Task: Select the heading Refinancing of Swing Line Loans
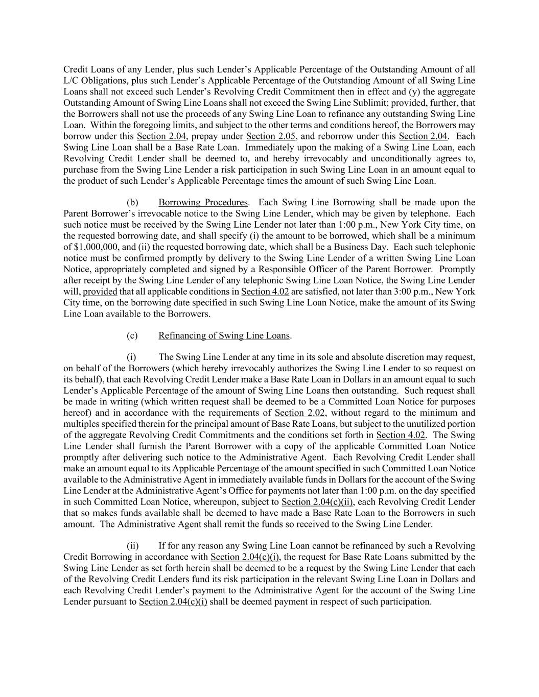[x=224, y=335]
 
